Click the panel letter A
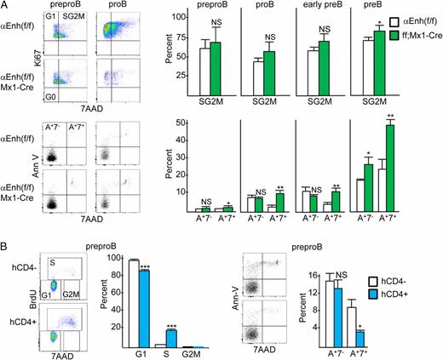(x=5, y=6)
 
